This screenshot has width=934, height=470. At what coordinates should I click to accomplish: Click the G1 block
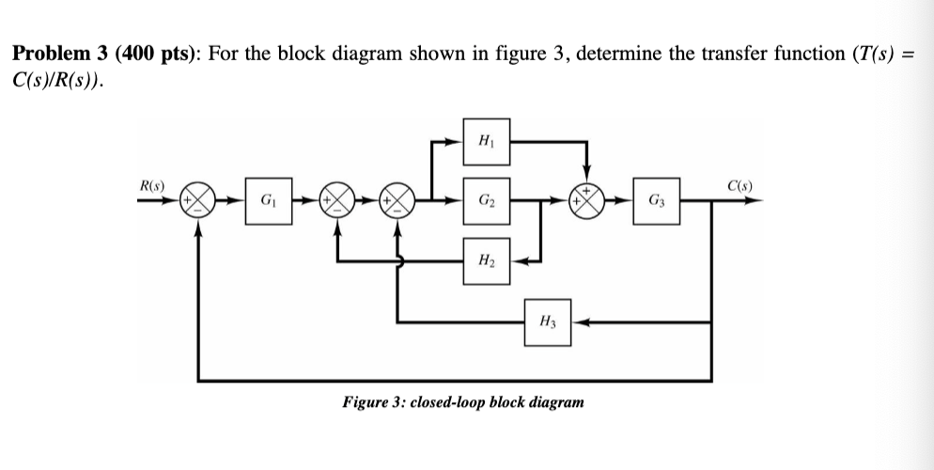click(x=267, y=201)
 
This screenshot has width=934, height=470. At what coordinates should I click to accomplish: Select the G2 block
click(x=486, y=201)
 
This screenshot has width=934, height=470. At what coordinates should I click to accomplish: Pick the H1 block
click(x=486, y=142)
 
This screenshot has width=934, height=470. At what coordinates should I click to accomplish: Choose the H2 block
click(x=486, y=260)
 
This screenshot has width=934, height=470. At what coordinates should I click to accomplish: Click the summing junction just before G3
click(x=589, y=201)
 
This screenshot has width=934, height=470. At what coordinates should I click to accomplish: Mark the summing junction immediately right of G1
click(x=336, y=201)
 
